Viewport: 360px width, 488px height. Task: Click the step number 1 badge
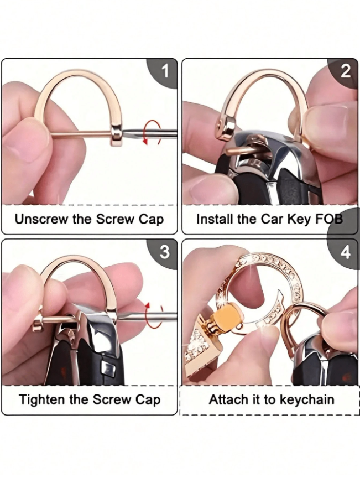[164, 71]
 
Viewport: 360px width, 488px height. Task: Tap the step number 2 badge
[345, 71]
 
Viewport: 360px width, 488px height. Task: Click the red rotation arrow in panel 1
[152, 133]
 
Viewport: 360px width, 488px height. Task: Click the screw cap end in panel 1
[117, 134]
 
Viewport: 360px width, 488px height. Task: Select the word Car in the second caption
[272, 219]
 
